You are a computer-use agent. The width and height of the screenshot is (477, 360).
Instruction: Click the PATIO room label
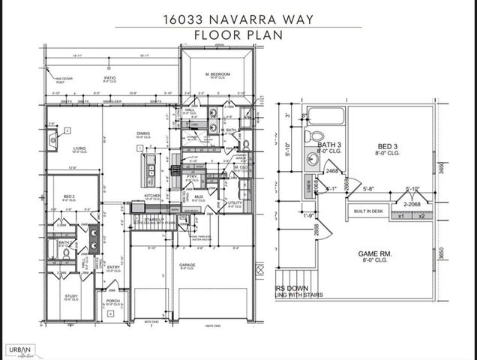click(110, 77)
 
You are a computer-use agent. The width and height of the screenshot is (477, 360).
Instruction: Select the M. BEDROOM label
click(218, 74)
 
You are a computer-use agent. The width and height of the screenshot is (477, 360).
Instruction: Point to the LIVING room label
click(79, 148)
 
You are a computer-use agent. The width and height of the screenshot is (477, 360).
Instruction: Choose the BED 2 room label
click(68, 196)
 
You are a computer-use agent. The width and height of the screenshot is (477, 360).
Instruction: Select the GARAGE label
click(187, 264)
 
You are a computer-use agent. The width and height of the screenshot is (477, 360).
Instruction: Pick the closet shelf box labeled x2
click(421, 216)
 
